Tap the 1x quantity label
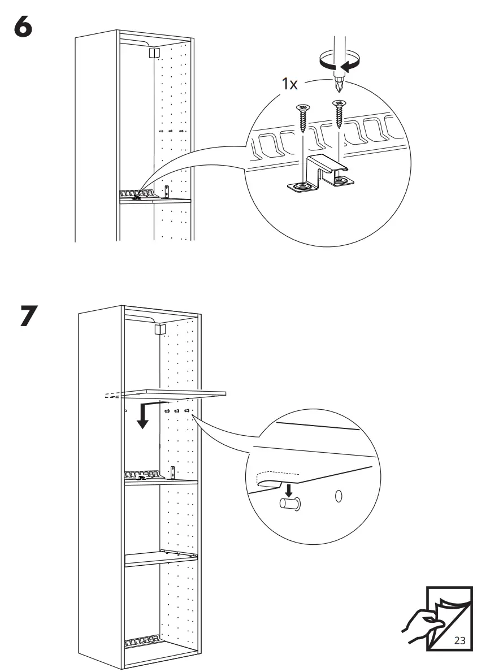click(290, 85)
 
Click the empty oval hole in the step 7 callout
click(339, 496)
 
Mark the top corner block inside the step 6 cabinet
click(153, 54)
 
